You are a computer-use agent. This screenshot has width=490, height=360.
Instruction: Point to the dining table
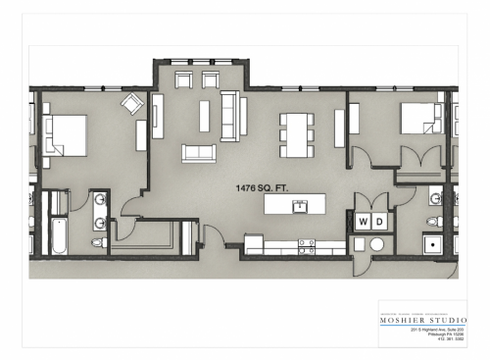click(x=297, y=134)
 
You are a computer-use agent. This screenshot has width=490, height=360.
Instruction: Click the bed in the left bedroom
click(x=64, y=134)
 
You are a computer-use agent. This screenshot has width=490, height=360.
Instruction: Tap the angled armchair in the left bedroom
click(x=131, y=103)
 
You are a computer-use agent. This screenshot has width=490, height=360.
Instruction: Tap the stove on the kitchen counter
click(x=307, y=245)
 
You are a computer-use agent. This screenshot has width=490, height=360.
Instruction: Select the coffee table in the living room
click(x=205, y=116)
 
